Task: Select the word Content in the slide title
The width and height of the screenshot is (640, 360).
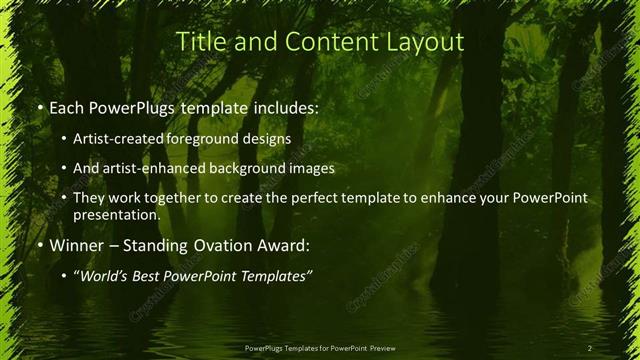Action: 324,42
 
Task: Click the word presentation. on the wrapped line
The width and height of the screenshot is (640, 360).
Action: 117,215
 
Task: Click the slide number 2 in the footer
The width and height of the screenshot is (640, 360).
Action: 590,348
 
